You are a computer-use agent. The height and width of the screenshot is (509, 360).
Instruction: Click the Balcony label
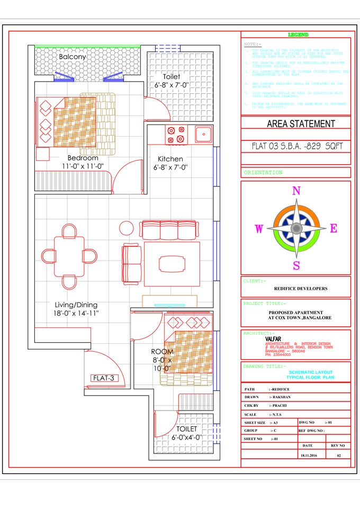[73, 57]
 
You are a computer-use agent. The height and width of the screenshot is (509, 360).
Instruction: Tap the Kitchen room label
[170, 159]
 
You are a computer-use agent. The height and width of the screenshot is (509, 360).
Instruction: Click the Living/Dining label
[76, 305]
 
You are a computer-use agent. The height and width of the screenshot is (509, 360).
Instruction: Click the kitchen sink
[203, 134]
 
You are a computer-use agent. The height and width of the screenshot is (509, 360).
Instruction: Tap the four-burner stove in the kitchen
[176, 135]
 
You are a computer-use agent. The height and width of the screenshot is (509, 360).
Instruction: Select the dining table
[69, 256]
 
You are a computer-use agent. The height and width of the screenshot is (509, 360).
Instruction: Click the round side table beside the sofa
[127, 228]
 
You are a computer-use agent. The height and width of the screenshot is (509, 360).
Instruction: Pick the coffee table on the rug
[172, 263]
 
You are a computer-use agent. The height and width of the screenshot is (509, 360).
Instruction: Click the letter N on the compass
[296, 191]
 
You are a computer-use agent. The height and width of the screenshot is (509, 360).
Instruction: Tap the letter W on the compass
[259, 229]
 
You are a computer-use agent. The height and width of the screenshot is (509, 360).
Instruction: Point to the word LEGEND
[298, 34]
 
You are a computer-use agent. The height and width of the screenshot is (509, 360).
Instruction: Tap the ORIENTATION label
[263, 173]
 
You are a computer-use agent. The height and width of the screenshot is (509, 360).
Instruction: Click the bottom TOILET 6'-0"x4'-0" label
[186, 433]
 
